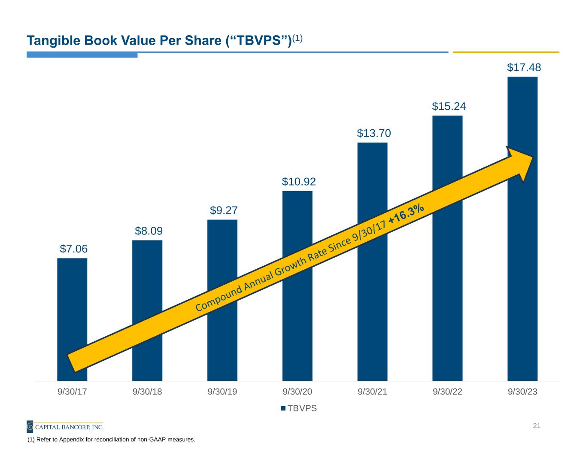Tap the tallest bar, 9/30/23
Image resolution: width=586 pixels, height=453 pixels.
pyautogui.click(x=522, y=258)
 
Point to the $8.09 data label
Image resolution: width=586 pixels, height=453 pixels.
pyautogui.click(x=149, y=231)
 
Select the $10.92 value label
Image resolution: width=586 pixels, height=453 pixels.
pyautogui.click(x=299, y=182)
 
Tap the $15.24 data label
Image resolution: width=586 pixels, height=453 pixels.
pyautogui.click(x=449, y=106)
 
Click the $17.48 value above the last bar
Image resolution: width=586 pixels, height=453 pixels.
pyautogui.click(x=524, y=67)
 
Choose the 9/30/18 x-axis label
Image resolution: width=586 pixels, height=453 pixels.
pyautogui.click(x=147, y=392)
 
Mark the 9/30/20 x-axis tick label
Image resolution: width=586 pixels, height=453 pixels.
pyautogui.click(x=298, y=392)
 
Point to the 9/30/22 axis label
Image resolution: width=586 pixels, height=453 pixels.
pyautogui.click(x=447, y=392)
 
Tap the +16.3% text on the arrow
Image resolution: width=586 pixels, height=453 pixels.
pyautogui.click(x=407, y=214)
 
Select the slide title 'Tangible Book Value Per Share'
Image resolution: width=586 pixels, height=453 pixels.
pyautogui.click(x=159, y=40)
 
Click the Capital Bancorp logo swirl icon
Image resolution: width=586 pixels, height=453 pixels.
pyautogui.click(x=30, y=427)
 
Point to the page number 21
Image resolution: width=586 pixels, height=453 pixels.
pyautogui.click(x=536, y=426)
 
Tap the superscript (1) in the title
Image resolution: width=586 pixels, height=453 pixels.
pyautogui.click(x=298, y=38)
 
